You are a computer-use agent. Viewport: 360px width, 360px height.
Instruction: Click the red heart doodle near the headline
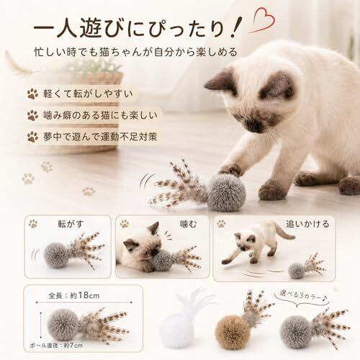tap(264, 19)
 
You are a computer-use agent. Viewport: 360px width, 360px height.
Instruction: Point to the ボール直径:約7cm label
tap(56, 346)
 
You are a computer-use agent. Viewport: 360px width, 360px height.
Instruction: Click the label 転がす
tap(71, 224)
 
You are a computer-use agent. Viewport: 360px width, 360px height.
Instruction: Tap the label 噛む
tap(188, 224)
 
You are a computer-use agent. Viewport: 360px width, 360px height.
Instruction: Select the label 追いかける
tap(307, 224)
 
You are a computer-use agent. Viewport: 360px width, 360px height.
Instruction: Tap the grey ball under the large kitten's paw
tap(226, 193)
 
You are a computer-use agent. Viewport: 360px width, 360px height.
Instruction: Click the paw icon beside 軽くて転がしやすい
tap(32, 94)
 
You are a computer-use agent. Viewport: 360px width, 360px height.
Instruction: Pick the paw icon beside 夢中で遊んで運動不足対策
tap(32, 137)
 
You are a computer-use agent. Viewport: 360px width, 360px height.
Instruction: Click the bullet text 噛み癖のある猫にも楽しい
tap(100, 115)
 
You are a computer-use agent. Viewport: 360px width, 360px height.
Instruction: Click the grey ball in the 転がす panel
tap(55, 255)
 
